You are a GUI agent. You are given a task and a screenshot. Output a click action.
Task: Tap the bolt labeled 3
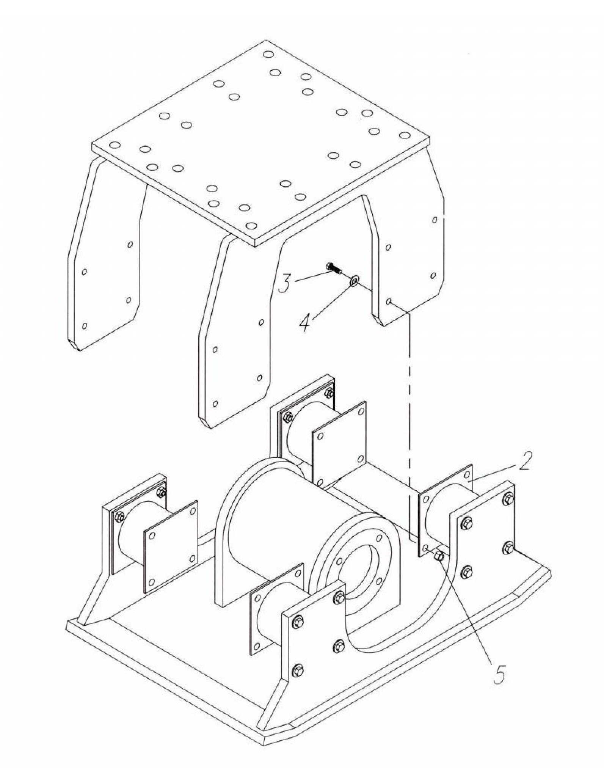334,268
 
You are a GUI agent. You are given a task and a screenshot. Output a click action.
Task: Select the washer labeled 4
355,281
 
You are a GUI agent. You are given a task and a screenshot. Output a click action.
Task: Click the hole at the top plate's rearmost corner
268,55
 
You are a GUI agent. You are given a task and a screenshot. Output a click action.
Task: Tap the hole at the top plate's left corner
115,145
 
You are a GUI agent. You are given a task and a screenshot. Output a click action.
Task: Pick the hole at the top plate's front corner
251,226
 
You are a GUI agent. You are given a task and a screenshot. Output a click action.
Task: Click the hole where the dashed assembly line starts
389,301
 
